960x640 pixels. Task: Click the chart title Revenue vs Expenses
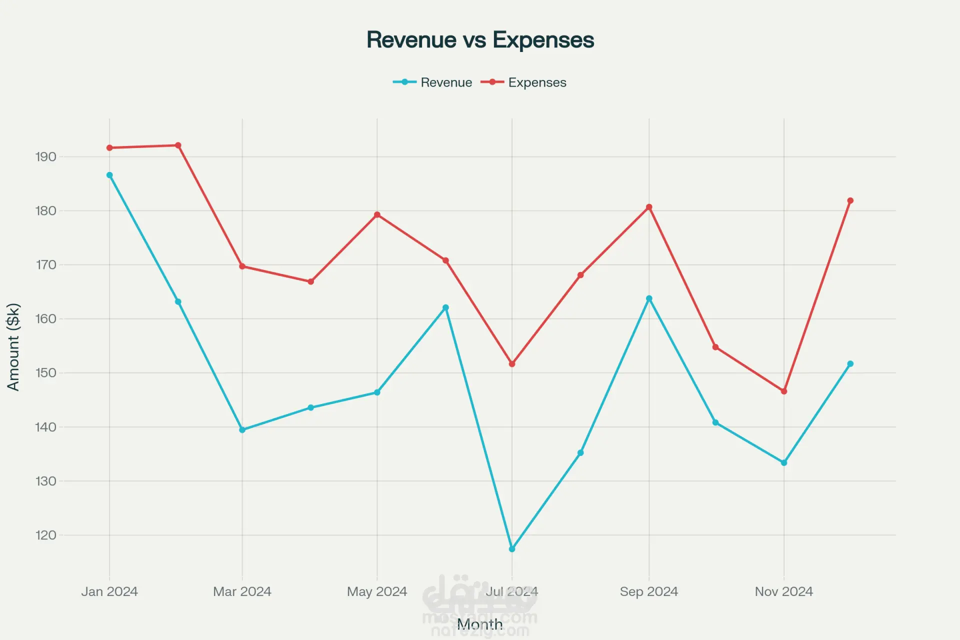tap(480, 40)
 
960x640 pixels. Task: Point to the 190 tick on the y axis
tap(45, 157)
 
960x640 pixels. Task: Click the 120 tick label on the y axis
tap(45, 535)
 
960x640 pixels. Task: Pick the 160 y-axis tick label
tap(45, 319)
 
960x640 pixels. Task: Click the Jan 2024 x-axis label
tap(109, 591)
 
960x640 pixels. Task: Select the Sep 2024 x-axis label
tap(649, 591)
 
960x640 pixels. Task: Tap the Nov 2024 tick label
tap(783, 591)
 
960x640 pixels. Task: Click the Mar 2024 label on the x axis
tap(242, 591)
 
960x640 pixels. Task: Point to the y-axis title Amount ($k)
tap(13, 347)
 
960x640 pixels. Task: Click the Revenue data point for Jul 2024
tap(512, 549)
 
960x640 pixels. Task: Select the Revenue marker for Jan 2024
tap(109, 175)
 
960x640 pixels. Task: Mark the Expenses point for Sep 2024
tap(649, 207)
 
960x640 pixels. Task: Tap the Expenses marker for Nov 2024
tap(783, 391)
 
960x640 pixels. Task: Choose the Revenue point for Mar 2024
tap(242, 430)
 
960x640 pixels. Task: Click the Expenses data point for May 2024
tap(377, 215)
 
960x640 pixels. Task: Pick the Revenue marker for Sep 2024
tap(649, 298)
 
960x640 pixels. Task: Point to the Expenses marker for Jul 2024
tap(512, 364)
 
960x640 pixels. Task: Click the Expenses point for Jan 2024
tap(109, 148)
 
